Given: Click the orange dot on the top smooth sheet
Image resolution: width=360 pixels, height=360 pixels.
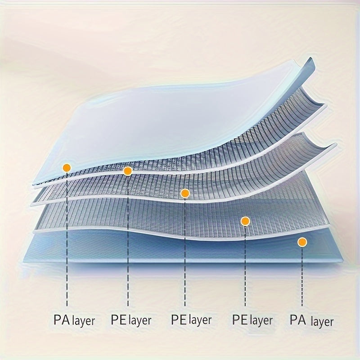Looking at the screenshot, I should click(x=67, y=167).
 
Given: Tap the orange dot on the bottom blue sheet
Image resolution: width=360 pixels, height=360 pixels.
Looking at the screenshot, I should click(x=302, y=242).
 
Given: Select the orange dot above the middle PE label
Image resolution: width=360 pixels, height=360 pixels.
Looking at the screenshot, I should click(x=185, y=193).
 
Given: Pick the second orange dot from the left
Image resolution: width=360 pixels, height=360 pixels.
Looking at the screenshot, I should click(x=127, y=171).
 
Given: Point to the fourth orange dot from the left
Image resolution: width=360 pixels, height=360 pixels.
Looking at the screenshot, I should click(x=245, y=220).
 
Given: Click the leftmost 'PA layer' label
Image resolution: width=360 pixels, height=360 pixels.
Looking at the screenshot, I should click(x=74, y=320).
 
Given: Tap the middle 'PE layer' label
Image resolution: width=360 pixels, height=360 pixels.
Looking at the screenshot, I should click(x=191, y=320).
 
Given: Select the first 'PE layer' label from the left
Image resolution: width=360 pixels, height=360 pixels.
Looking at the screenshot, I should click(x=131, y=320).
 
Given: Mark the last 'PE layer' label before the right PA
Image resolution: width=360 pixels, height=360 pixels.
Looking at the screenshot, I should click(x=252, y=320).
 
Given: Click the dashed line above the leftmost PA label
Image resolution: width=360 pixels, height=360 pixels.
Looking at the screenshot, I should click(x=67, y=243).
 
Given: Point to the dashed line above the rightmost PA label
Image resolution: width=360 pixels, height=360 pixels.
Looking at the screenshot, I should click(x=302, y=279).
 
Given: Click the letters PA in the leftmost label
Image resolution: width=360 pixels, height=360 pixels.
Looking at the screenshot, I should click(x=61, y=320).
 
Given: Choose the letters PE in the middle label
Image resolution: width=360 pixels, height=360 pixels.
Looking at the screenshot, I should click(x=179, y=319).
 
